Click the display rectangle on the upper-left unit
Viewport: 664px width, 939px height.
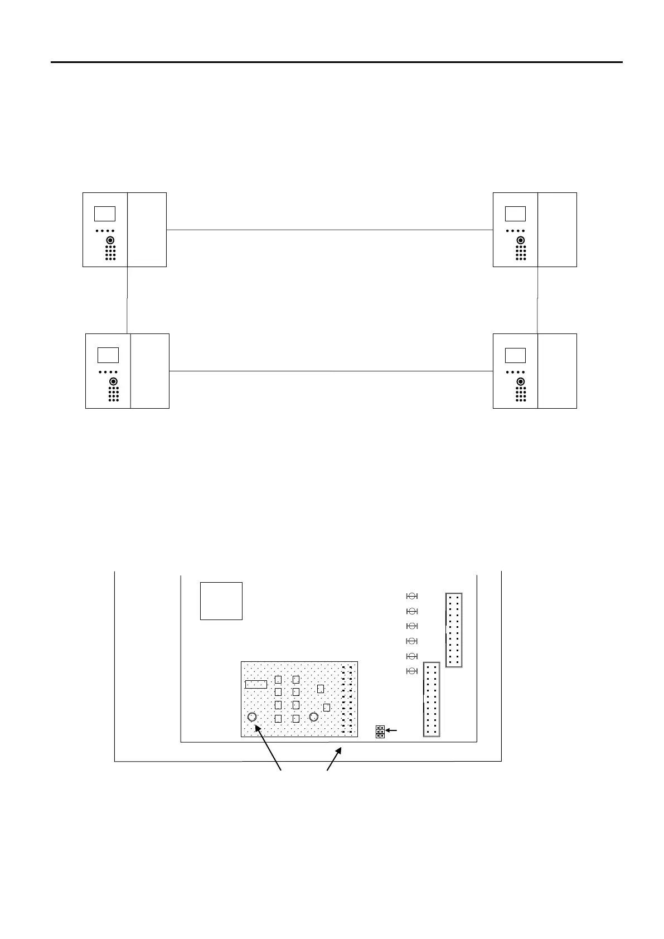click(x=105, y=214)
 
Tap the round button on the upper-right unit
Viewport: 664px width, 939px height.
click(x=521, y=240)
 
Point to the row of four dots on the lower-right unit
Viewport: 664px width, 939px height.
click(x=516, y=371)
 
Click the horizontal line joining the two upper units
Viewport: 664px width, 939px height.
click(x=329, y=229)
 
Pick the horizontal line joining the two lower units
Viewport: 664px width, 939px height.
click(x=331, y=371)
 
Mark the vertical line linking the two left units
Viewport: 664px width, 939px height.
click(x=128, y=300)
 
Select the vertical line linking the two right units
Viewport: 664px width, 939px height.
click(x=537, y=300)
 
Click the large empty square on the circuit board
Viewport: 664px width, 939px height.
click(x=221, y=601)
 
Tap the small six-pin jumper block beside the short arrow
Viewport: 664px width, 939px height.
click(x=380, y=732)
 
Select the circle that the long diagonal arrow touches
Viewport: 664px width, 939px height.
click(x=252, y=717)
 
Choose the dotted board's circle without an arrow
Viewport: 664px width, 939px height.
click(x=314, y=717)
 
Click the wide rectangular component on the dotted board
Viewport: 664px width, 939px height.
click(x=256, y=684)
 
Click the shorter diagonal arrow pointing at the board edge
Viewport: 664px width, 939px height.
click(x=334, y=759)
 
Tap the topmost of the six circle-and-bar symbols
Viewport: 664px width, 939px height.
click(x=413, y=596)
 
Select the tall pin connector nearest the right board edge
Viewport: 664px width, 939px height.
click(x=454, y=630)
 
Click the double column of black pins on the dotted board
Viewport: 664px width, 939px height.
click(x=347, y=699)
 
